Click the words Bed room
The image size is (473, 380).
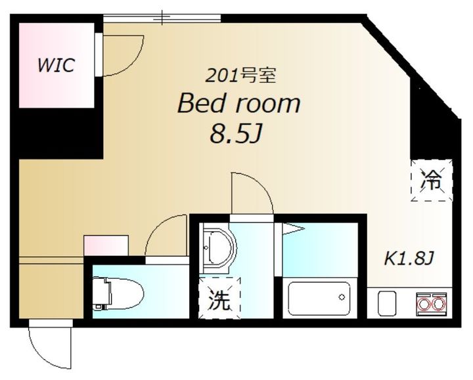pyautogui.click(x=239, y=104)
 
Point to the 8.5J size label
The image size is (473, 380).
pyautogui.click(x=231, y=135)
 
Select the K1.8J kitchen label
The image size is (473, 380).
pyautogui.click(x=409, y=258)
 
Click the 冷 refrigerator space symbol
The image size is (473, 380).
pyautogui.click(x=432, y=178)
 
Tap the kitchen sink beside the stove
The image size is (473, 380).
pyautogui.click(x=386, y=304)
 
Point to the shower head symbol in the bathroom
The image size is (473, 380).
pyautogui.click(x=293, y=229)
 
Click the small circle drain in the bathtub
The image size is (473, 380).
pyautogui.click(x=342, y=297)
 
